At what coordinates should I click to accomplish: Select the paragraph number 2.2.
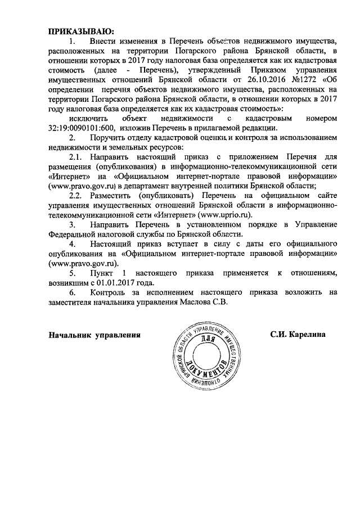click(x=75, y=195)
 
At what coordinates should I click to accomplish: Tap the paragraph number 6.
click(x=72, y=292)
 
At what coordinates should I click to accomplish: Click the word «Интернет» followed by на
click(x=69, y=176)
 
